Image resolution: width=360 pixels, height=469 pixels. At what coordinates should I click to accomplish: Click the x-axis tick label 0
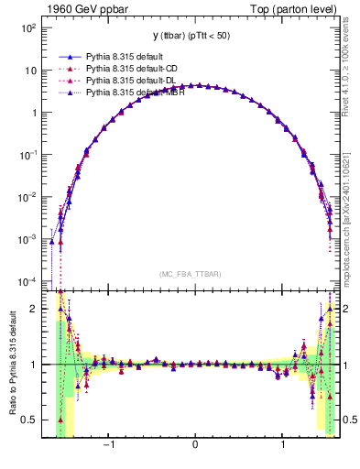pos(195,446)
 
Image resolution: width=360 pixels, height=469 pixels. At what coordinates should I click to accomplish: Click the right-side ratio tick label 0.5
pos(349,420)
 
